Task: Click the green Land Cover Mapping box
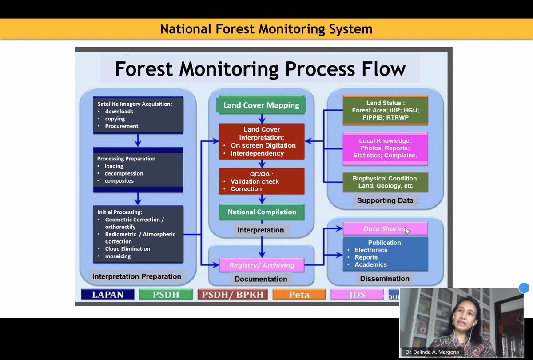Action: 261,105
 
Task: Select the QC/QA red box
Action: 262,181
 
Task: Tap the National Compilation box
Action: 262,212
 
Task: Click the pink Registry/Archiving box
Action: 262,265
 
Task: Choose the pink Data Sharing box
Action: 385,229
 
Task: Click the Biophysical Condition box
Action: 385,182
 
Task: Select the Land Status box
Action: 385,110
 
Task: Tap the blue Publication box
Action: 385,254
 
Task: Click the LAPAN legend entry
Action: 108,294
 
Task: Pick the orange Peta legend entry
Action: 299,294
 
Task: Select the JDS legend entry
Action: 357,294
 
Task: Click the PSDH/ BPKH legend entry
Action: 233,294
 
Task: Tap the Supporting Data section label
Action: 385,200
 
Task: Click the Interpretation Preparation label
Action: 137,276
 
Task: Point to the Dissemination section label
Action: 385,279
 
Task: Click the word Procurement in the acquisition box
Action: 122,126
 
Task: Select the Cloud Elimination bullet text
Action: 127,249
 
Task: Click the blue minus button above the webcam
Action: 524,288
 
